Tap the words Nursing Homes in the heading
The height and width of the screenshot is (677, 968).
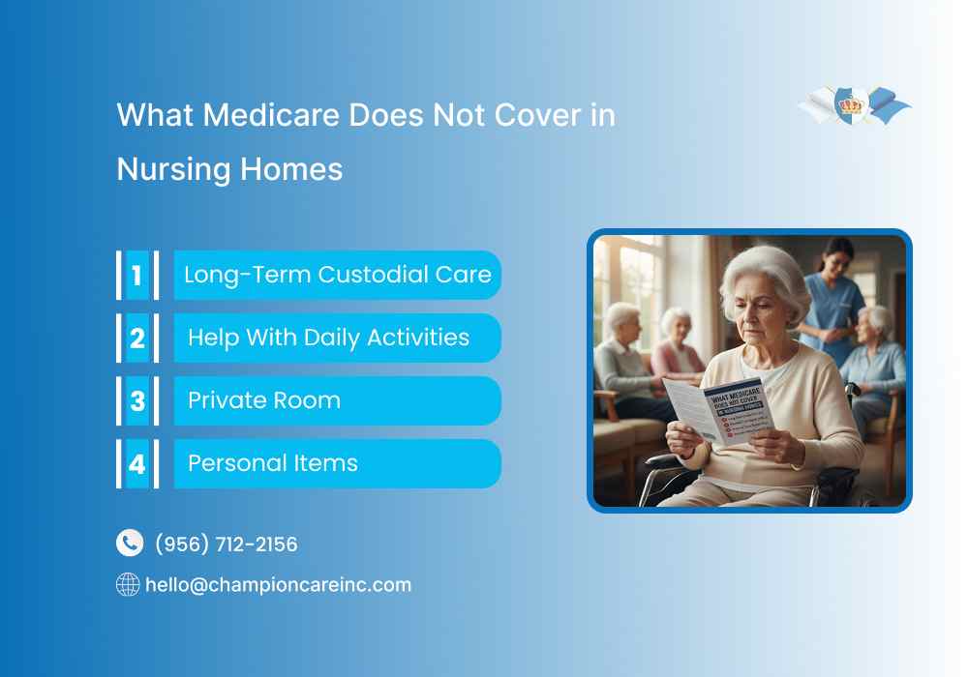pyautogui.click(x=229, y=169)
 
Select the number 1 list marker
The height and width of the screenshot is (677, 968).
pyautogui.click(x=136, y=275)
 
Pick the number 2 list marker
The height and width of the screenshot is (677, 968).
pyautogui.click(x=136, y=338)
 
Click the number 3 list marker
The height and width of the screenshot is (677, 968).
pyautogui.click(x=136, y=400)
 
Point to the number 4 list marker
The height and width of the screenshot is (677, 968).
pyautogui.click(x=136, y=463)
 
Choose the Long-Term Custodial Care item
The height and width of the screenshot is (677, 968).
pyautogui.click(x=337, y=275)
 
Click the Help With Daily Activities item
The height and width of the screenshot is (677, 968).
pyautogui.click(x=328, y=338)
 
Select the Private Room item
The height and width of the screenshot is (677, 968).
pyautogui.click(x=264, y=400)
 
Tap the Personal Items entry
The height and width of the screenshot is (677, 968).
pyautogui.click(x=273, y=463)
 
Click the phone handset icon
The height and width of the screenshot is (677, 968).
pyautogui.click(x=129, y=544)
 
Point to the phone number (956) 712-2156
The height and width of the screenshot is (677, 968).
pyautogui.click(x=227, y=545)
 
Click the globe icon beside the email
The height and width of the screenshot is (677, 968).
pyautogui.click(x=128, y=584)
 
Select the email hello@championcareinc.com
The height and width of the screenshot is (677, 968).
pyautogui.click(x=278, y=585)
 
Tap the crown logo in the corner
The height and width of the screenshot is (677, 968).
pyautogui.click(x=852, y=104)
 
